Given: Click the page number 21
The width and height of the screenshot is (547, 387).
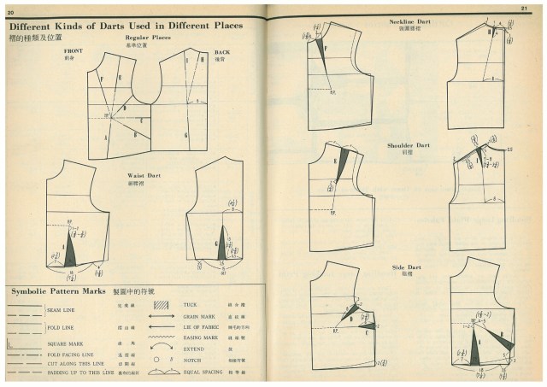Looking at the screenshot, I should tap(536, 9).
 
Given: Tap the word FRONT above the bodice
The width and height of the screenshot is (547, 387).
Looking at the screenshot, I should tap(74, 51).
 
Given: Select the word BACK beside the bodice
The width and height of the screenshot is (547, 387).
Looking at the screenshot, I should tap(210, 52).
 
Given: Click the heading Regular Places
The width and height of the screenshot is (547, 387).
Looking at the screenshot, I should tap(149, 38).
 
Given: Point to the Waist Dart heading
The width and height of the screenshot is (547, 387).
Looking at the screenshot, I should tap(143, 176).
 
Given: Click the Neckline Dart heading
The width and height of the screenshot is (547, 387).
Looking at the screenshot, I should tap(409, 21).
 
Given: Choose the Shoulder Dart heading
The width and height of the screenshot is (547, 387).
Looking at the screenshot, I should tap(409, 145).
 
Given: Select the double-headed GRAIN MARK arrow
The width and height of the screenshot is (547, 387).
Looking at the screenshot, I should tap(163, 317).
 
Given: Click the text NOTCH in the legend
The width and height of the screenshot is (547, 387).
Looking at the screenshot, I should tap(192, 361).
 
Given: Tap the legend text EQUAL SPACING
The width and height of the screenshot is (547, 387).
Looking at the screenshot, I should tap(202, 373).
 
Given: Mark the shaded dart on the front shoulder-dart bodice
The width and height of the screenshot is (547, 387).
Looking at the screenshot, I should tap(343, 162).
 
